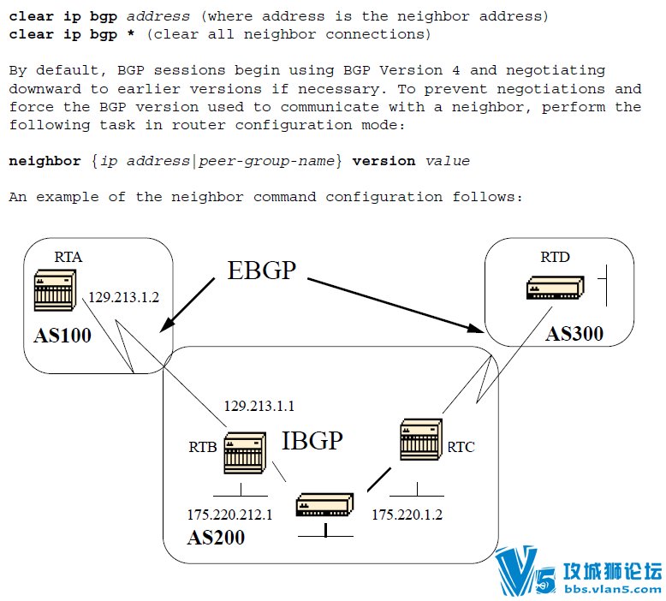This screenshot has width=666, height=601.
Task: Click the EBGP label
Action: [261, 271]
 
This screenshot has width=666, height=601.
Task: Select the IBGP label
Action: [312, 440]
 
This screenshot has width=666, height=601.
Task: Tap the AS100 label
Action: [62, 335]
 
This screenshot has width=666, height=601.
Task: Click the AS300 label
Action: [574, 333]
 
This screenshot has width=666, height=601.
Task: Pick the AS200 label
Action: [216, 538]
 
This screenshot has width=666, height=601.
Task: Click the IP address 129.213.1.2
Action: [124, 297]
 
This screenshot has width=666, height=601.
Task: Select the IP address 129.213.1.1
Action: [259, 406]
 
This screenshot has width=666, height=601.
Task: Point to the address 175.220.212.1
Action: [229, 515]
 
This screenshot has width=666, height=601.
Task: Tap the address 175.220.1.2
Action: [407, 515]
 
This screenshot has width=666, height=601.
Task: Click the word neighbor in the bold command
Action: [45, 161]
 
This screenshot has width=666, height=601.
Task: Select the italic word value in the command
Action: [448, 161]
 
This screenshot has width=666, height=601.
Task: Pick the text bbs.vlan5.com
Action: [611, 589]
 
